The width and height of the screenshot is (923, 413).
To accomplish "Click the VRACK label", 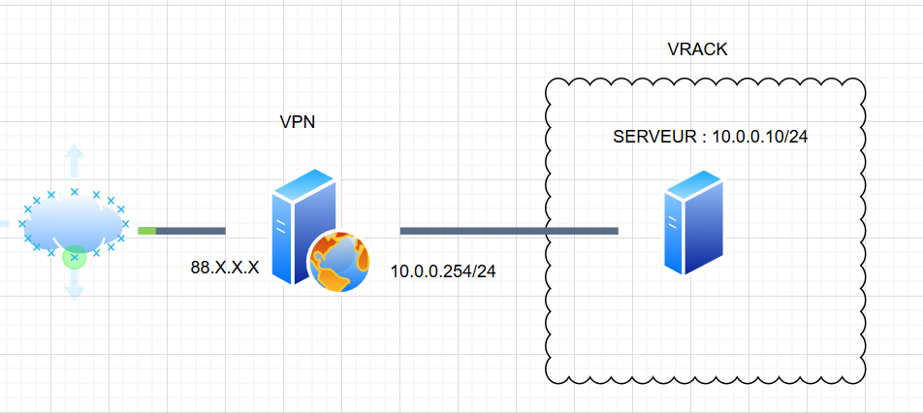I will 697,48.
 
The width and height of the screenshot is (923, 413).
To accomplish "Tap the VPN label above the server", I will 298,122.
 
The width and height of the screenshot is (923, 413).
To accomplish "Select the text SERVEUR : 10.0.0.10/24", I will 711,137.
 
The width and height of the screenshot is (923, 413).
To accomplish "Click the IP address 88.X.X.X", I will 225,268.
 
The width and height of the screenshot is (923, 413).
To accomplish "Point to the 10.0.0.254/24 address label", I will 443,271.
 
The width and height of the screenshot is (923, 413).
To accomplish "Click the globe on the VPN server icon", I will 339,262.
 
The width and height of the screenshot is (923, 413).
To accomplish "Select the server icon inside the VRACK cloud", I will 693,221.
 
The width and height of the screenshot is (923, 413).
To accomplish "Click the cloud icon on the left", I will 74,223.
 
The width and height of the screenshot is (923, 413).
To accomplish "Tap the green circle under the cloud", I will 75,257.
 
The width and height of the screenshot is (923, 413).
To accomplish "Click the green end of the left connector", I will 146,231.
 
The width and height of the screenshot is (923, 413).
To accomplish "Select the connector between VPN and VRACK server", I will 508,231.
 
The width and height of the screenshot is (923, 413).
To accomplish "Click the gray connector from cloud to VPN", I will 190,231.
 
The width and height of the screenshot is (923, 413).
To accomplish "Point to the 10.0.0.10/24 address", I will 760,137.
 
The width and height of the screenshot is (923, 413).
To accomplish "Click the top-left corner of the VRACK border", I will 551,84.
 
